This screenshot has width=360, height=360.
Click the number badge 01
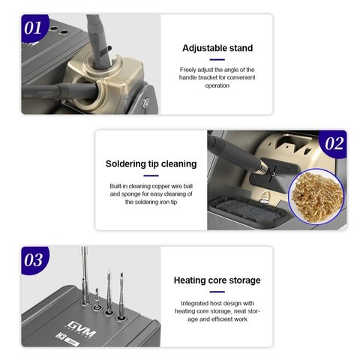(x=34, y=28)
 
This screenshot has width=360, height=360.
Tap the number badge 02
(x=334, y=143)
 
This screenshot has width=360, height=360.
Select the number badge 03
(x=34, y=260)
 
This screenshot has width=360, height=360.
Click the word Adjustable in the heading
(x=199, y=48)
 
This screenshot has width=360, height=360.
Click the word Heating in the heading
(x=187, y=280)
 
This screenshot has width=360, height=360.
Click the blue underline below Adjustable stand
(x=217, y=59)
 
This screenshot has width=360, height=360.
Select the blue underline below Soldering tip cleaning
(x=151, y=175)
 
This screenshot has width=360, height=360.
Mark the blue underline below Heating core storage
(x=217, y=292)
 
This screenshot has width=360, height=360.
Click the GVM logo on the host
(x=81, y=329)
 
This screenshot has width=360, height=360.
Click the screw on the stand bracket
(x=145, y=103)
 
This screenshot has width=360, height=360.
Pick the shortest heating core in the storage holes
(x=97, y=298)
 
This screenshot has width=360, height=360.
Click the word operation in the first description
(x=217, y=85)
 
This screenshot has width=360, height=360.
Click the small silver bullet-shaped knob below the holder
(x=264, y=197)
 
